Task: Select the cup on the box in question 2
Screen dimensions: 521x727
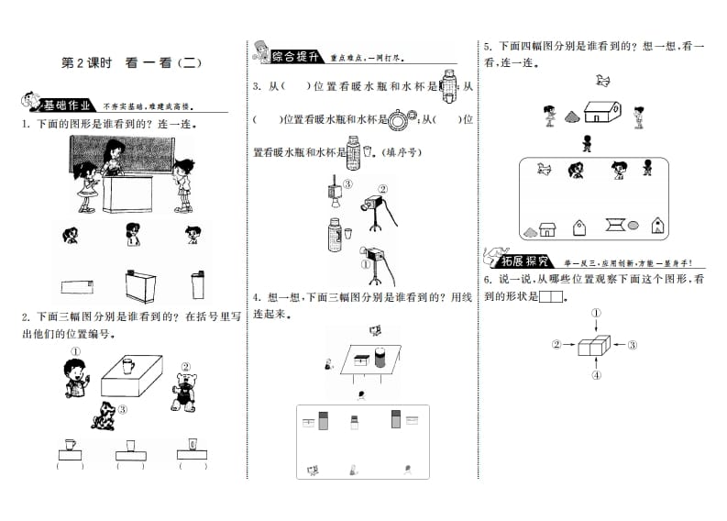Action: pos(126,365)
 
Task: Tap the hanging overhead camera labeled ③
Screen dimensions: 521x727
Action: pos(332,189)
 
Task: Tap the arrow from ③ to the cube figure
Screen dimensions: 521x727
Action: pos(620,345)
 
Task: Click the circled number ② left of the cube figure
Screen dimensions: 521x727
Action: pos(556,345)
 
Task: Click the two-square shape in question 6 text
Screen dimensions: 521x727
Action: pos(550,296)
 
